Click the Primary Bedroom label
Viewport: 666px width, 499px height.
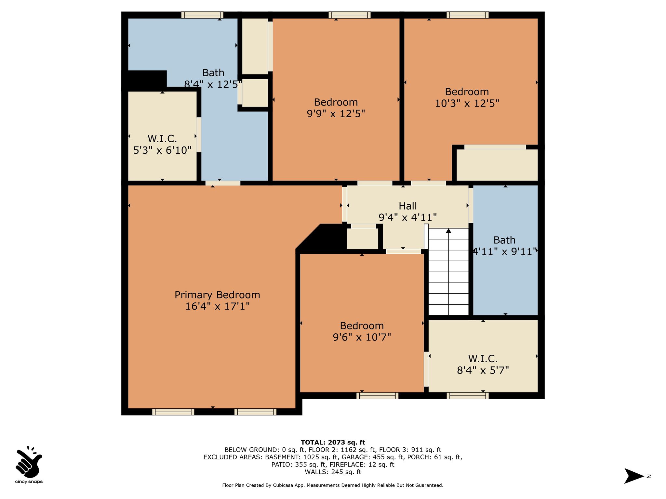217,295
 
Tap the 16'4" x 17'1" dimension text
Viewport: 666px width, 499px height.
217,306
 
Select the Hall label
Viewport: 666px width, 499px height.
408,206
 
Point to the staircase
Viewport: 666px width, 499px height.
448,272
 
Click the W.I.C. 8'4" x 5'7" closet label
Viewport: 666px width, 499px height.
483,365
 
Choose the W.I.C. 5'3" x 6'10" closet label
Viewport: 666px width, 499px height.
162,144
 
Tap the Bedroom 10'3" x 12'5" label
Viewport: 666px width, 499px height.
467,97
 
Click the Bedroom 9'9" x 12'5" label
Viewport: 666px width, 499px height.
336,108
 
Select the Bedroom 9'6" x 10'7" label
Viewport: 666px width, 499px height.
362,331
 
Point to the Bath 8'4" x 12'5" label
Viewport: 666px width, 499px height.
213,78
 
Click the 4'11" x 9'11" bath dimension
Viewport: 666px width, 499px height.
504,251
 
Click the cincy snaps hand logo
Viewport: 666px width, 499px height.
29,461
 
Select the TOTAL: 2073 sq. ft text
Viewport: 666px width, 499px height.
333,442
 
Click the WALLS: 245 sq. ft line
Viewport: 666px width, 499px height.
333,472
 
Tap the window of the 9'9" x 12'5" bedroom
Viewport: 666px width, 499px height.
350,15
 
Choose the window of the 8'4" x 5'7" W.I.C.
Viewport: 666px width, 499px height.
468,396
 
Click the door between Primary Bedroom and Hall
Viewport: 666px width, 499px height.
344,204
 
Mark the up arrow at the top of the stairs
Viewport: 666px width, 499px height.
449,231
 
